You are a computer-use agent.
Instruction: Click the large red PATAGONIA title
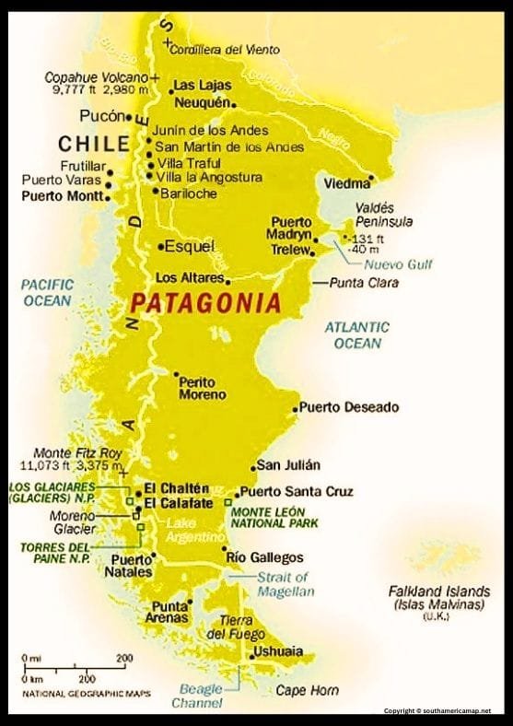204,302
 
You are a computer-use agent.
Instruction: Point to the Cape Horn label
307,690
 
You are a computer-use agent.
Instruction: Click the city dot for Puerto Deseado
295,408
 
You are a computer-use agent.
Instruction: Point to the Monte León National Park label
274,517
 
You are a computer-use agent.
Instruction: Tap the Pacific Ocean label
47,293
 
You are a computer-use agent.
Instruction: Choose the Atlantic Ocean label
356,334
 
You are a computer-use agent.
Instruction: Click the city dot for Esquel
160,246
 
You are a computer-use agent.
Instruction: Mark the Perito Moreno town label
202,388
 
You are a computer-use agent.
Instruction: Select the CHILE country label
93,144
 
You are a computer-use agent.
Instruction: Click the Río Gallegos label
264,557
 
